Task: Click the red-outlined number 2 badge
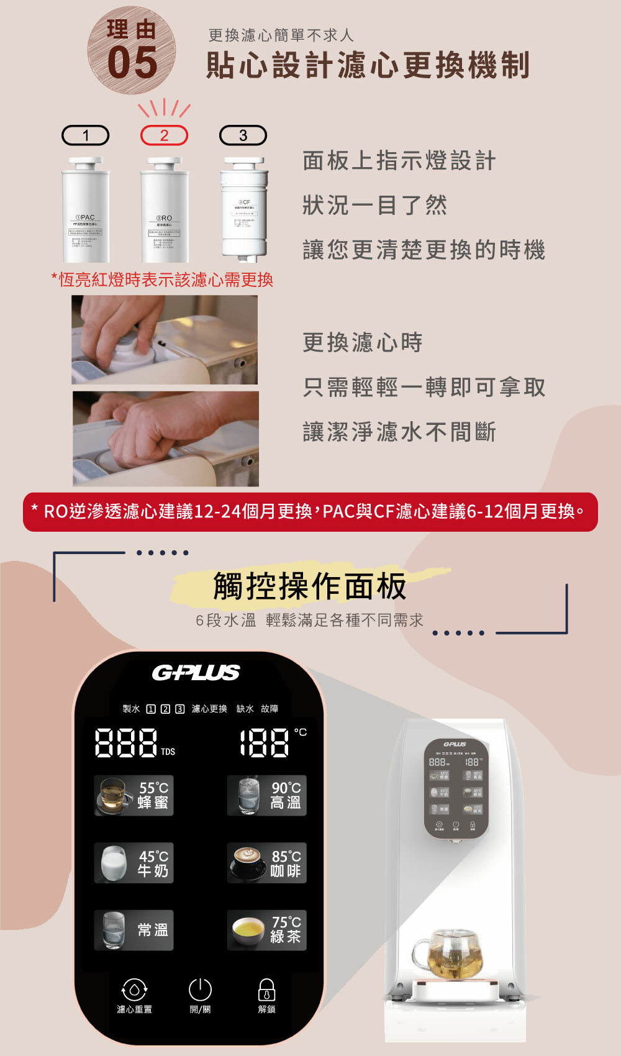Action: coord(164,135)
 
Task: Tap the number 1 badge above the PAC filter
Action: coord(86,135)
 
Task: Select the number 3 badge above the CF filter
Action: coord(243,135)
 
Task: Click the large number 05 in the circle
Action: coord(132,62)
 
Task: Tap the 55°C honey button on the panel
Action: coord(134,795)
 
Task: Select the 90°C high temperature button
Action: coord(266,795)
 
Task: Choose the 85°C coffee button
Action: coord(266,863)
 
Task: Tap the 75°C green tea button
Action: coord(266,930)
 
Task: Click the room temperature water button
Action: coord(134,930)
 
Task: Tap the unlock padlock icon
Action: coord(266,990)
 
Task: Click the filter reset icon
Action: coord(134,990)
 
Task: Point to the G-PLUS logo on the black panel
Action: coord(196,673)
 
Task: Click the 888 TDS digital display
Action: coord(126,743)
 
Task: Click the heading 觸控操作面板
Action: coord(309,586)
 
